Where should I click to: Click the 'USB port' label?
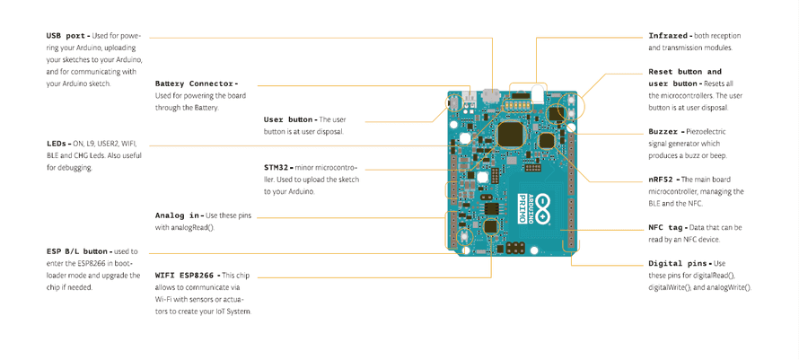click(x=66, y=36)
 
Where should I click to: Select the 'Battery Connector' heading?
click(x=195, y=83)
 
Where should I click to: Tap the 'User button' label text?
click(x=288, y=119)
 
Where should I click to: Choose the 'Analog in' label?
click(x=178, y=215)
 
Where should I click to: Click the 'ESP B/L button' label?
click(x=78, y=251)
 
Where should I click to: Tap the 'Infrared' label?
click(x=669, y=36)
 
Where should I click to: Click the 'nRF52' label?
click(x=663, y=180)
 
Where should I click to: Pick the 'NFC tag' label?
click(x=667, y=228)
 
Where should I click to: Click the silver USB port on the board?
click(x=490, y=94)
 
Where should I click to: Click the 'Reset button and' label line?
click(x=684, y=72)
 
